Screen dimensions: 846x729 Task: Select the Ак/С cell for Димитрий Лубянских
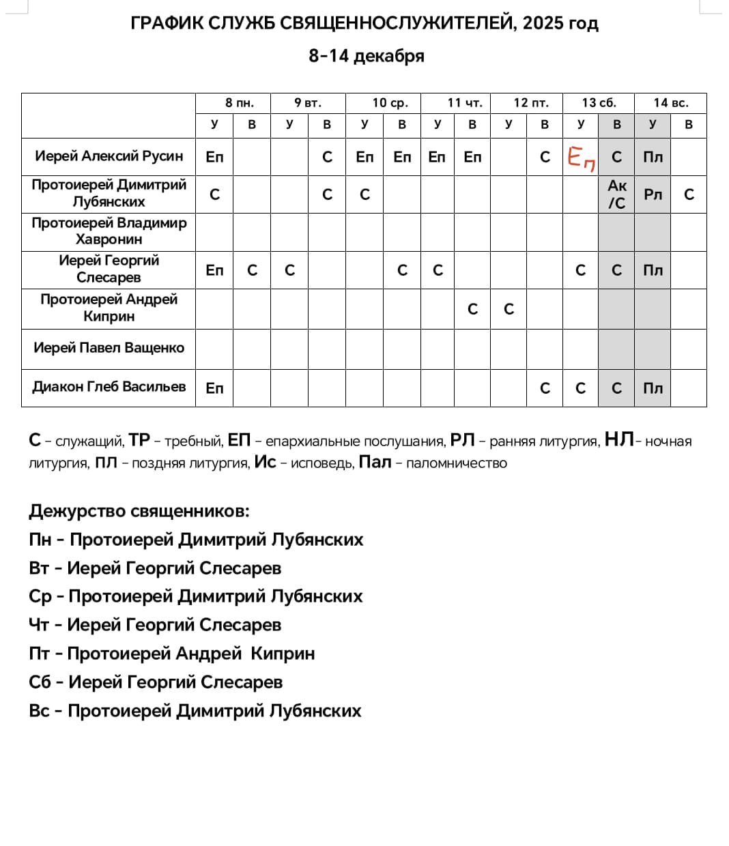click(x=616, y=194)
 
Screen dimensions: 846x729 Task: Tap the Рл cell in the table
click(x=653, y=194)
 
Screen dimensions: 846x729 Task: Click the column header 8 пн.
click(x=239, y=103)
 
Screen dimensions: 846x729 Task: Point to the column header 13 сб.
click(x=599, y=103)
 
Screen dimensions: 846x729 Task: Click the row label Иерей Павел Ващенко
click(x=109, y=348)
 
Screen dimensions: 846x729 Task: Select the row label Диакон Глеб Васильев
click(x=109, y=387)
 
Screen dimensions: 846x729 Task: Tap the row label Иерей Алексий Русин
click(x=109, y=156)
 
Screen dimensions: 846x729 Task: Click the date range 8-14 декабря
click(x=366, y=56)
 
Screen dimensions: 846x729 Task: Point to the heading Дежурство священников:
click(x=139, y=511)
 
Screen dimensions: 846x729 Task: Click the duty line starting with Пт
click(x=172, y=654)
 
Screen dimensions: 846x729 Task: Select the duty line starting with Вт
click(x=155, y=568)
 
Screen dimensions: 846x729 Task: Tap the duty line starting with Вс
click(x=195, y=711)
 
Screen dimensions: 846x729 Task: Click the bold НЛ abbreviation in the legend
click(x=619, y=440)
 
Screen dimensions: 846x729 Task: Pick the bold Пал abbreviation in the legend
click(x=375, y=463)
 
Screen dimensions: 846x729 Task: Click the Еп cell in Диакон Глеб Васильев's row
click(x=214, y=388)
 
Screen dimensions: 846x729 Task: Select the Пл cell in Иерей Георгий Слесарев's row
click(x=653, y=270)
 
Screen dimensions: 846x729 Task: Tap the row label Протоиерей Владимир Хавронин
click(x=109, y=231)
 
